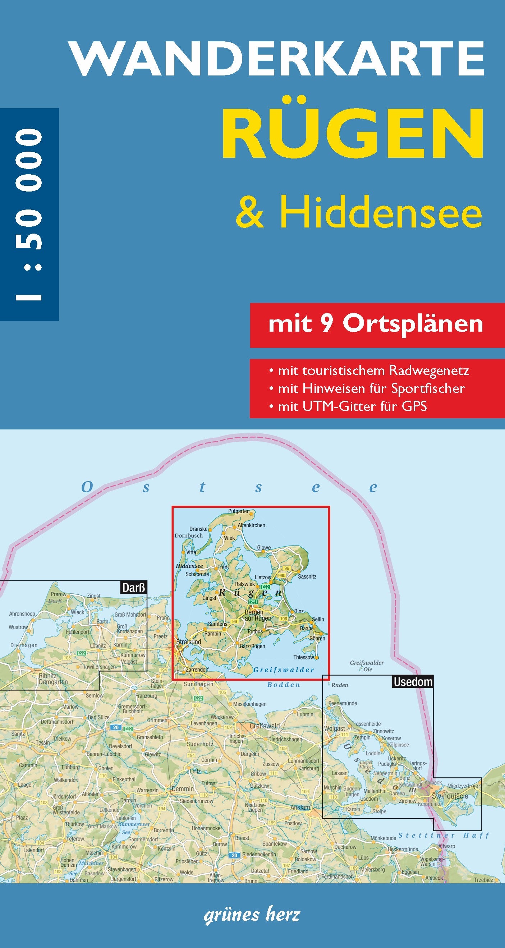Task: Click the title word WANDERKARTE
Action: point(277,59)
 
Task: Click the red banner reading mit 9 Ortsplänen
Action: point(376,324)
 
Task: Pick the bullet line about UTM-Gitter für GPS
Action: point(352,406)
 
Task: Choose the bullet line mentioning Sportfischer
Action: point(371,388)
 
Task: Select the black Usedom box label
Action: point(413,682)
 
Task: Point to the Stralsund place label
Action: point(189,642)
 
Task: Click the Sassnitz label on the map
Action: point(307,576)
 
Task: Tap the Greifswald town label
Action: point(265,726)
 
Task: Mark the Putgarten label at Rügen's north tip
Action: point(239,511)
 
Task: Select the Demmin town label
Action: point(183,789)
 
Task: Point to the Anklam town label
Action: point(300,807)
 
